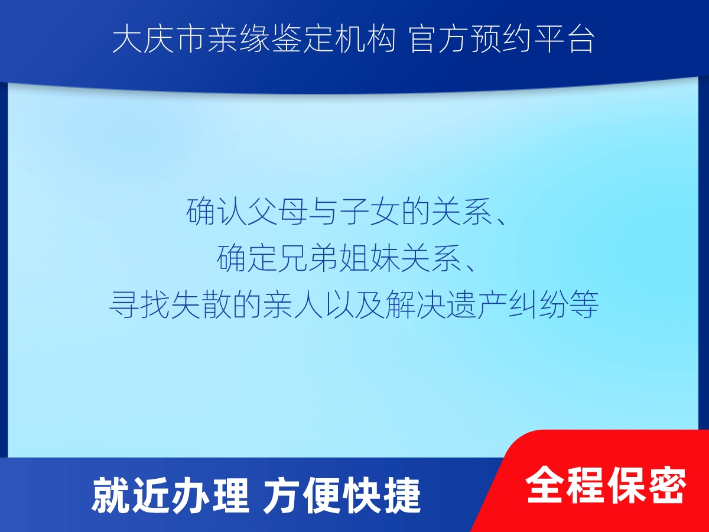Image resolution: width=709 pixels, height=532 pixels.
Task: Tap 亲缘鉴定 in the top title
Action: click(270, 40)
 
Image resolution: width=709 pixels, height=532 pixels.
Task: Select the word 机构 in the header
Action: click(365, 40)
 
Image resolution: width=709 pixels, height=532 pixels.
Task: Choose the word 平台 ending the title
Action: click(564, 40)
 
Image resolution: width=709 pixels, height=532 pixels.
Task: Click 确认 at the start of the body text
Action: click(216, 212)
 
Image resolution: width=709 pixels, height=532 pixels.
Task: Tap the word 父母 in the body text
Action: click(278, 212)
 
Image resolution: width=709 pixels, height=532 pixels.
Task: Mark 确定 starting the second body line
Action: click(247, 258)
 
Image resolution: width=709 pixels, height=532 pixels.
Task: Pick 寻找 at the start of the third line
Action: click(139, 304)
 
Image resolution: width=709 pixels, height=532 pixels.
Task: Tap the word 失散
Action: click(201, 304)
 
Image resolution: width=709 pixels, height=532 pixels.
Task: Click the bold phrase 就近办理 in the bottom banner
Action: click(170, 495)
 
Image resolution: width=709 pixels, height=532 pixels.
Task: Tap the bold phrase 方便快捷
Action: click(342, 495)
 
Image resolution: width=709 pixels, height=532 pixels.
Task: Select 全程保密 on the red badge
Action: click(606, 485)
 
